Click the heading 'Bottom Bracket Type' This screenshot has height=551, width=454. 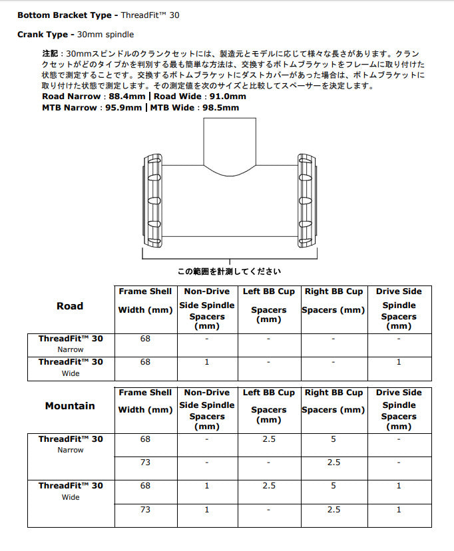pyautogui.click(x=63, y=15)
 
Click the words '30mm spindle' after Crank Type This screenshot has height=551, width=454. pyautogui.click(x=106, y=33)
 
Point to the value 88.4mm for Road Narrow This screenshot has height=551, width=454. pyautogui.click(x=124, y=96)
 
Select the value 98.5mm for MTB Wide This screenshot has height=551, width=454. pyautogui.click(x=221, y=107)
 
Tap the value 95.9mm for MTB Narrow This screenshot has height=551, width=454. pyautogui.click(x=123, y=107)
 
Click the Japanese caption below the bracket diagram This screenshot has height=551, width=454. pyautogui.click(x=228, y=272)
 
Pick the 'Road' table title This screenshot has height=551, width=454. pyautogui.click(x=70, y=306)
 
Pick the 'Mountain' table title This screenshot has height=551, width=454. pyautogui.click(x=70, y=406)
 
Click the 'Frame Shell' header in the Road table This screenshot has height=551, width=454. pyautogui.click(x=145, y=291)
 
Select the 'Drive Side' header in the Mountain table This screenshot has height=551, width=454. pyautogui.click(x=399, y=393)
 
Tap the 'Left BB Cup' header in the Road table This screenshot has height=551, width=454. pyautogui.click(x=269, y=291)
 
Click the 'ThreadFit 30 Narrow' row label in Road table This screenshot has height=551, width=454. pyautogui.click(x=71, y=343)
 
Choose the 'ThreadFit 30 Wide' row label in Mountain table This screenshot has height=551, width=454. pyautogui.click(x=71, y=490)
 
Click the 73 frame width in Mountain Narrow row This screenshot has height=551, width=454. pyautogui.click(x=145, y=462)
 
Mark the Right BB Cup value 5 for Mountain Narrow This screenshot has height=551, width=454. pyautogui.click(x=334, y=439)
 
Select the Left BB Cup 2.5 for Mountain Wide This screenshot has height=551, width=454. pyautogui.click(x=269, y=486)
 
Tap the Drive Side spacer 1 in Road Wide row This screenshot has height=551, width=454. pyautogui.click(x=399, y=362)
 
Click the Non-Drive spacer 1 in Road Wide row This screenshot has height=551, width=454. pyautogui.click(x=207, y=362)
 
